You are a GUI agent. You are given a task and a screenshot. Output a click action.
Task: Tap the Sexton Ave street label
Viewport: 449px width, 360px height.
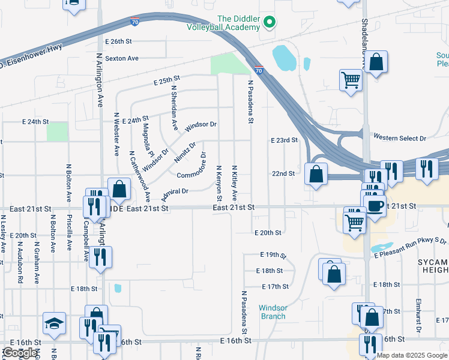point(122,58)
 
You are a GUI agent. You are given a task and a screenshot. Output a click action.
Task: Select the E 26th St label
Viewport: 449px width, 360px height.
point(118,41)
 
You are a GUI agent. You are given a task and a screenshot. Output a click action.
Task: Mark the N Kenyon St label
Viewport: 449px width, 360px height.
point(219,184)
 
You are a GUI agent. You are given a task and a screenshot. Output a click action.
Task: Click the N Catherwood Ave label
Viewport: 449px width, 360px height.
point(140,175)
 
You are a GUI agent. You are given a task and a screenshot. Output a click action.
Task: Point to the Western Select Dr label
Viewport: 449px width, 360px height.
point(399,138)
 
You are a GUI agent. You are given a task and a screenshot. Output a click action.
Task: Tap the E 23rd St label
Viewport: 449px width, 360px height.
point(284,140)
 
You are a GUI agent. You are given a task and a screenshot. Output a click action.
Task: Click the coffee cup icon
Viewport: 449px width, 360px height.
point(376,205)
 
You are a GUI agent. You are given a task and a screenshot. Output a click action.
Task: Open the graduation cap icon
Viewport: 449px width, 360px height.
point(54,323)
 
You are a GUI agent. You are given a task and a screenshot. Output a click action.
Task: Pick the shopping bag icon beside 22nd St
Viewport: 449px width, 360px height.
point(316,175)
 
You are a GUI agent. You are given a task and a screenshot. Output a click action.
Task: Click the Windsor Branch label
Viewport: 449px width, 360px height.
point(273,312)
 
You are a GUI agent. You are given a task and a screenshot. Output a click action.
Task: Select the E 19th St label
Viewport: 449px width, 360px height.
point(274,256)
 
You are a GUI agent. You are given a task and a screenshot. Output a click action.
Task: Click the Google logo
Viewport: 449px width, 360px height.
point(21,353)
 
